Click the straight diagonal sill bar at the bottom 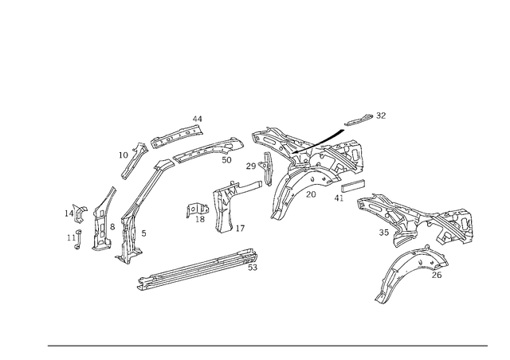tap(198, 269)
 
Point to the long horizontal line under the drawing tap(267, 346)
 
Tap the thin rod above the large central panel tap(363, 122)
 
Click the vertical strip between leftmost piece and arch tap(102, 219)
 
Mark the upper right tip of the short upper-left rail tap(199, 120)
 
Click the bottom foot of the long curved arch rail tap(127, 256)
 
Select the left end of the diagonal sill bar tap(140, 284)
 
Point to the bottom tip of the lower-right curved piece tap(381, 301)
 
